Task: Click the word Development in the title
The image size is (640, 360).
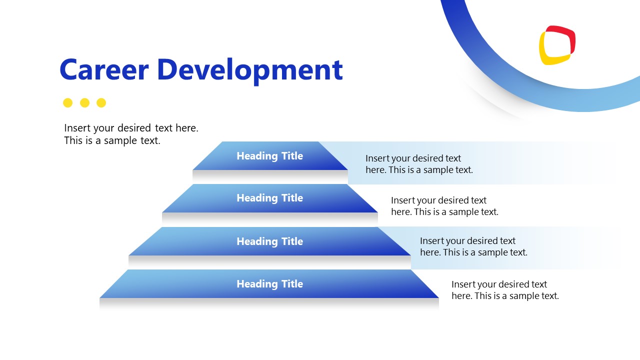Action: (249, 70)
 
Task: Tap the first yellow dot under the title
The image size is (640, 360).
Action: (68, 103)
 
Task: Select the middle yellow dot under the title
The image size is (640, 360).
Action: (84, 103)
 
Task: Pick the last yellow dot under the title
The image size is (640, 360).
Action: (101, 103)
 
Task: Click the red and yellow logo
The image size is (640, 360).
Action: (557, 45)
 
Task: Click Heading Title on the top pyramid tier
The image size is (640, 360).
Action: (269, 156)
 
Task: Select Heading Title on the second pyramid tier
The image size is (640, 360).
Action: (269, 198)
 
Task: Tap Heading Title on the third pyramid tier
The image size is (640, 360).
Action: (269, 241)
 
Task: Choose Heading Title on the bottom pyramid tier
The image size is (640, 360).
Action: (269, 284)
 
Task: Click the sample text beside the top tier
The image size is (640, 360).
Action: (418, 164)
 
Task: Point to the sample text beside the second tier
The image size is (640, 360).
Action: (444, 206)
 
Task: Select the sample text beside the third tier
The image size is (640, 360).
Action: (473, 246)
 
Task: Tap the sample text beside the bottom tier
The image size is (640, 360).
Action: (504, 290)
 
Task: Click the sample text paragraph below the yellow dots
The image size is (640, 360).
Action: (131, 134)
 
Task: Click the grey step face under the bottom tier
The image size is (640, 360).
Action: (269, 303)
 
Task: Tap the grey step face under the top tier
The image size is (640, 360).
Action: (270, 176)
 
